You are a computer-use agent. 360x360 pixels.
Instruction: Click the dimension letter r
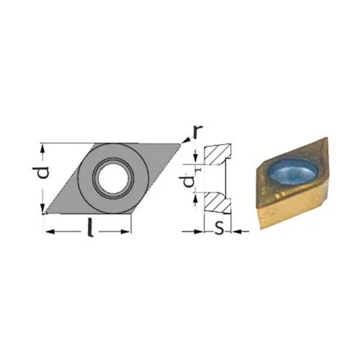tap(198, 132)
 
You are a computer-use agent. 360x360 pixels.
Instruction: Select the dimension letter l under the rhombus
tap(91, 227)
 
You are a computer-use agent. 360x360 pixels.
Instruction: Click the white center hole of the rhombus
tap(113, 178)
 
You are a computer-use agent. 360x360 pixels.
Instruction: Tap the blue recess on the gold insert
tap(293, 170)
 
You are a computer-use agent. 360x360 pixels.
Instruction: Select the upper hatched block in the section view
tap(217, 154)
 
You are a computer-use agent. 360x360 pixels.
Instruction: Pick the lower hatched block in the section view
tap(217, 203)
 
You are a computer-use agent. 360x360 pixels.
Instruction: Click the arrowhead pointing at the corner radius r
tap(187, 140)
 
